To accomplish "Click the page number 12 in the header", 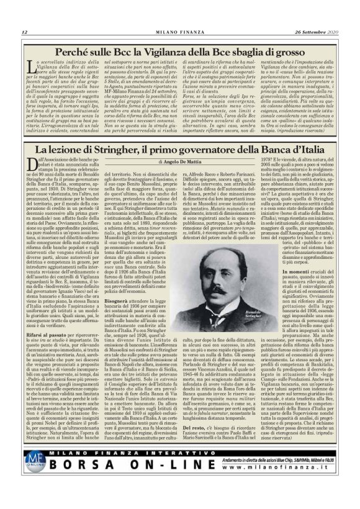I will click(x=24, y=32).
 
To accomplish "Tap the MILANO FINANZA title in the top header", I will click(x=180, y=32).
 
